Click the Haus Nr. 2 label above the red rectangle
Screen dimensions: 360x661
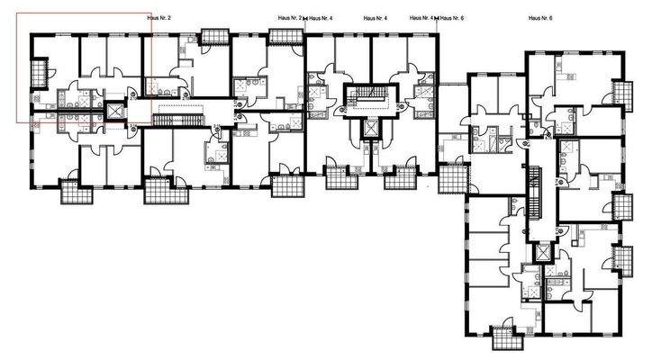(x=159, y=17)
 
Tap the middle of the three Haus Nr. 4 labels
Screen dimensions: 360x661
(x=375, y=17)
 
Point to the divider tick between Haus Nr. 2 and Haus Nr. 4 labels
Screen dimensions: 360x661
(x=305, y=18)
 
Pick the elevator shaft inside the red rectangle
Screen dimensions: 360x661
(x=115, y=111)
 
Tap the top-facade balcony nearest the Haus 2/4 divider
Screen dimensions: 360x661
(x=285, y=37)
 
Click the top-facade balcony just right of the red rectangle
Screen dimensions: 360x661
(x=215, y=37)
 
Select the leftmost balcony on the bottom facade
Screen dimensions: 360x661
(x=70, y=192)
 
